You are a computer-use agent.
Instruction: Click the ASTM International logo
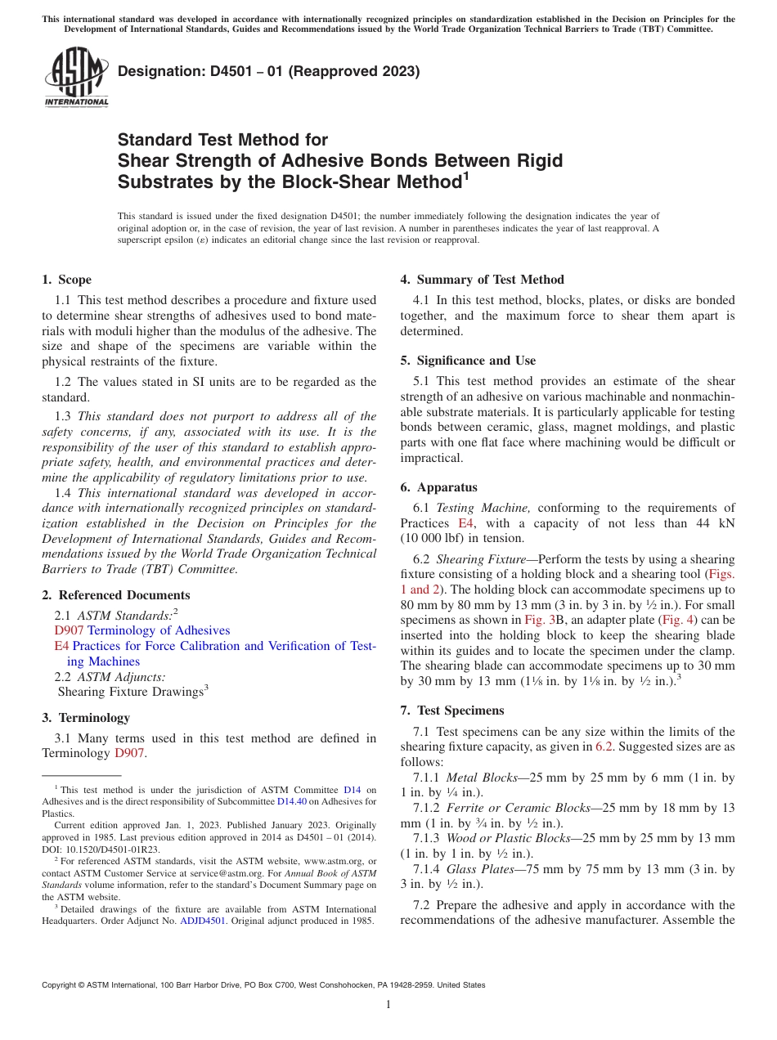pyautogui.click(x=75, y=77)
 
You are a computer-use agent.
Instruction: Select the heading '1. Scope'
pyautogui.click(x=66, y=280)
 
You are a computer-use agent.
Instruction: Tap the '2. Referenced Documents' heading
pyautogui.click(x=115, y=595)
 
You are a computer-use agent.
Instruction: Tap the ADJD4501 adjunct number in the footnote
pyautogui.click(x=202, y=921)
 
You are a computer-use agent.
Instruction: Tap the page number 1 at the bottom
pyautogui.click(x=388, y=1005)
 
